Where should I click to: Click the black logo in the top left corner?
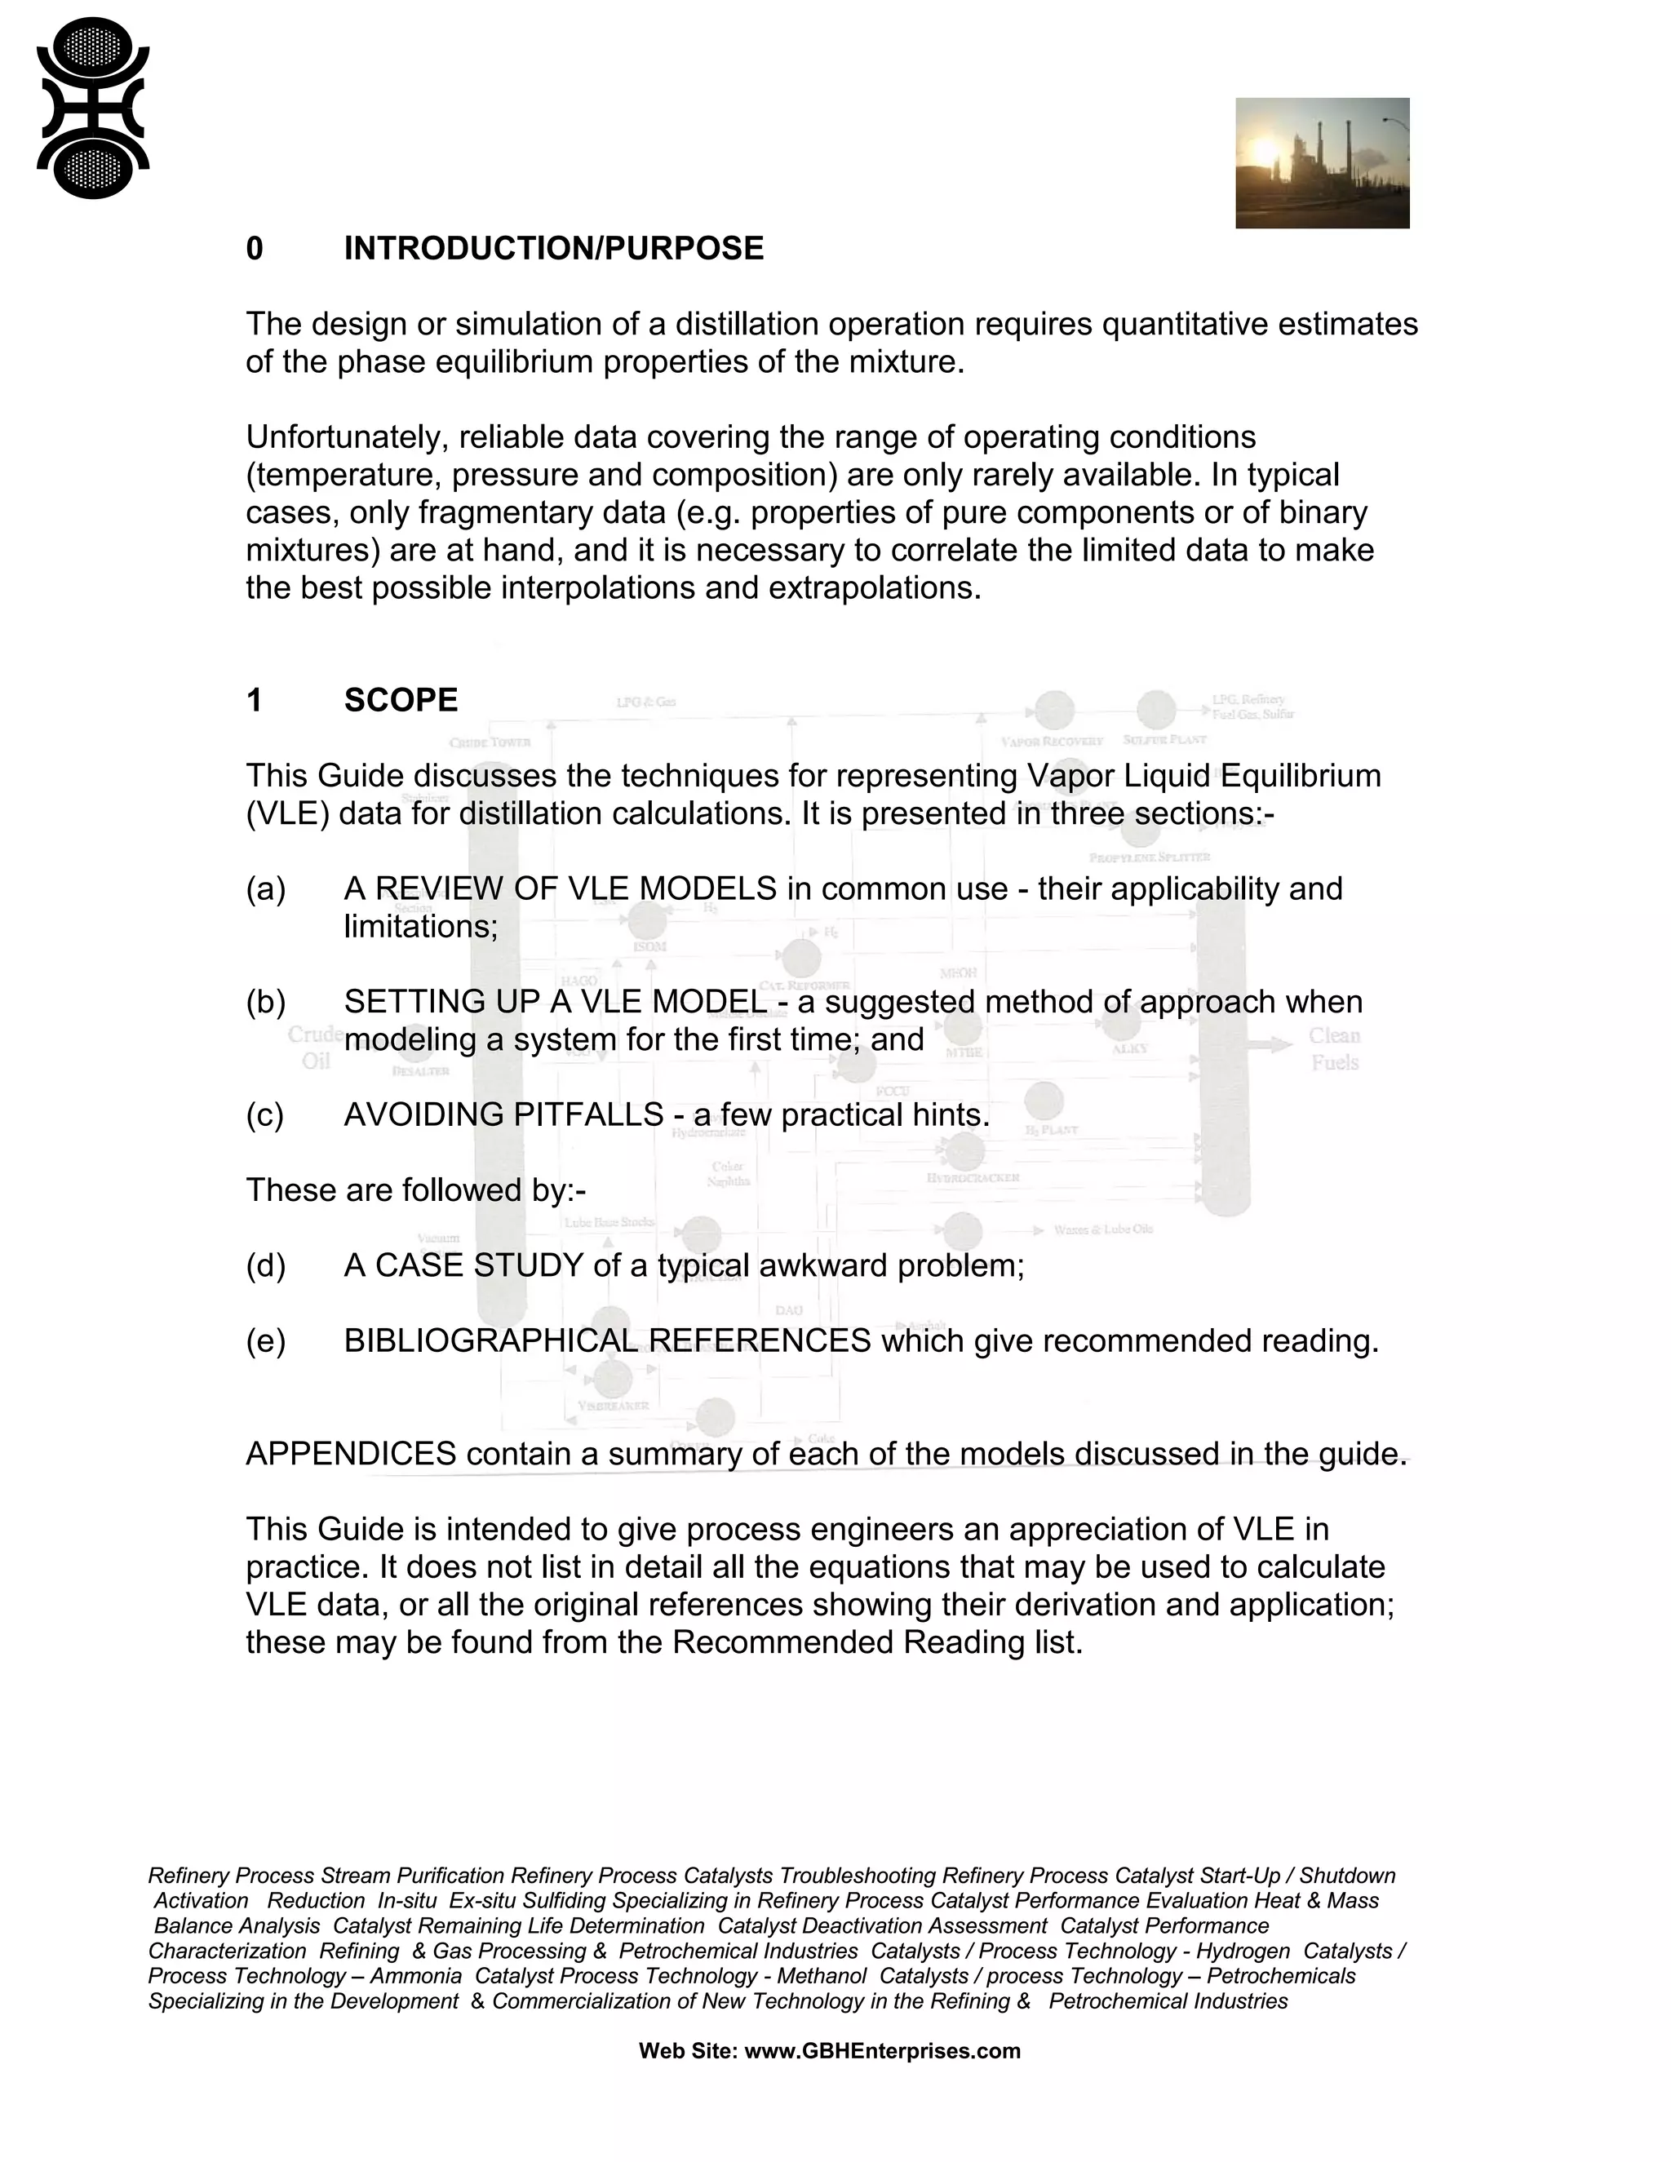coord(92,109)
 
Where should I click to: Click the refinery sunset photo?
coord(1322,163)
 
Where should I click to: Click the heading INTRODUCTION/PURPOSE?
coord(553,249)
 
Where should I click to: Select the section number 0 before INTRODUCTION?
coord(255,249)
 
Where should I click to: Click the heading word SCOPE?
coord(401,700)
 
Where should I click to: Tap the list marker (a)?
coord(265,889)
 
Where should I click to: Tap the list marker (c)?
coord(265,1114)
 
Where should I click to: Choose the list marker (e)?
coord(265,1340)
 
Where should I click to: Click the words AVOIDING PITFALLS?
coord(503,1114)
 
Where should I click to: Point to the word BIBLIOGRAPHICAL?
coord(491,1340)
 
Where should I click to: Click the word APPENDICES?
coord(350,1453)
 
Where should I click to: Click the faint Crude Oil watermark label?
coord(315,1048)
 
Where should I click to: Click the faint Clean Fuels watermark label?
coord(1334,1048)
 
